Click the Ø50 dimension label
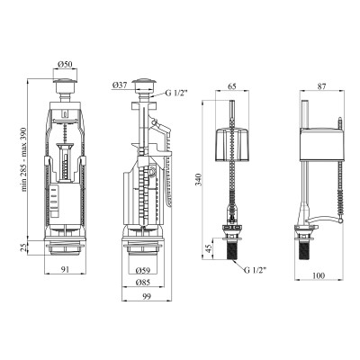pyautogui.click(x=65, y=64)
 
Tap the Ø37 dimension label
pyautogui.click(x=120, y=85)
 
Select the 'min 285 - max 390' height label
pyautogui.click(x=24, y=159)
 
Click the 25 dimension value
pyautogui.click(x=24, y=247)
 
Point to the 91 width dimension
pyautogui.click(x=65, y=269)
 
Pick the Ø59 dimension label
pyautogui.click(x=142, y=271)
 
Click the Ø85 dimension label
pyautogui.click(x=142, y=283)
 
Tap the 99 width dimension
pyautogui.click(x=147, y=297)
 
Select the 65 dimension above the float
pyautogui.click(x=232, y=86)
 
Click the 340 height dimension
pyautogui.click(x=198, y=180)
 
